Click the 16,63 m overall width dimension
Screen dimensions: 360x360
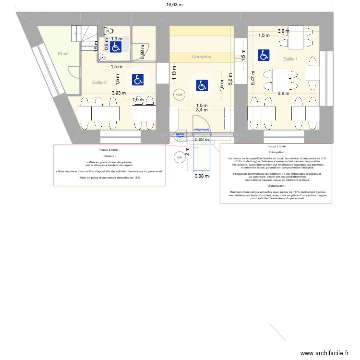[175, 5]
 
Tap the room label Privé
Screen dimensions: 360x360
[63, 54]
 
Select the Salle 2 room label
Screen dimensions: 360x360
[99, 83]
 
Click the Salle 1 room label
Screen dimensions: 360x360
[290, 59]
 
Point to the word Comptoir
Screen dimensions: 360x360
[202, 57]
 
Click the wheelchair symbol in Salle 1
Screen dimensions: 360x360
[263, 55]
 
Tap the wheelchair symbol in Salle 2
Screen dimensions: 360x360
[138, 80]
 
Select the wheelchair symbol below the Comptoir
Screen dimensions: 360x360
[202, 86]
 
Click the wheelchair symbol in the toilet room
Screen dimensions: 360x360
[115, 47]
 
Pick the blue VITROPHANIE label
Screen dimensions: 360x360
[202, 130]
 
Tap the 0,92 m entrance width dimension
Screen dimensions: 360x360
[202, 140]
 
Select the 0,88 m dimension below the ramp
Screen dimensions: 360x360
[202, 176]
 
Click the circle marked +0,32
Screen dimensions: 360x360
[179, 95]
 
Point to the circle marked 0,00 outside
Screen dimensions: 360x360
[179, 157]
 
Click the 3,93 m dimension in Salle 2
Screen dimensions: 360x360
[119, 94]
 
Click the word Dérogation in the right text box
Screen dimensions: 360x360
[276, 152]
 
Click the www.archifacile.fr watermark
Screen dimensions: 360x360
[324, 353]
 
